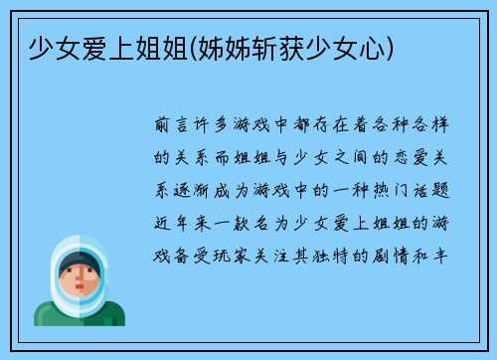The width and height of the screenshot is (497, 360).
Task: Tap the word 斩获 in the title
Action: [x=286, y=46]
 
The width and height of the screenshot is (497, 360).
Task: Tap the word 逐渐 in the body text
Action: [x=199, y=188]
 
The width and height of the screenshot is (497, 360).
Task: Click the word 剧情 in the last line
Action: [x=409, y=252]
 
